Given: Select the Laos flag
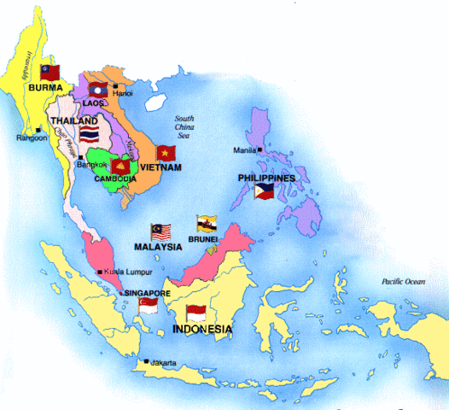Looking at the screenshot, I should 96,89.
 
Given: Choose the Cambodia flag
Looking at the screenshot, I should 120,167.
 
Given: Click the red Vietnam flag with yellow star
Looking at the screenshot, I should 166,153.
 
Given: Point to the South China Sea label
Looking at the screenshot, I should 184,128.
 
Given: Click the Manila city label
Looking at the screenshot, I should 245,150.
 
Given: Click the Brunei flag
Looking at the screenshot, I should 206,224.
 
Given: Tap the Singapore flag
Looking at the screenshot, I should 149,305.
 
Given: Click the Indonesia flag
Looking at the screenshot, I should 197,313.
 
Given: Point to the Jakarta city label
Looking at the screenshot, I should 161,363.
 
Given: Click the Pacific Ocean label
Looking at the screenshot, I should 404,281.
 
